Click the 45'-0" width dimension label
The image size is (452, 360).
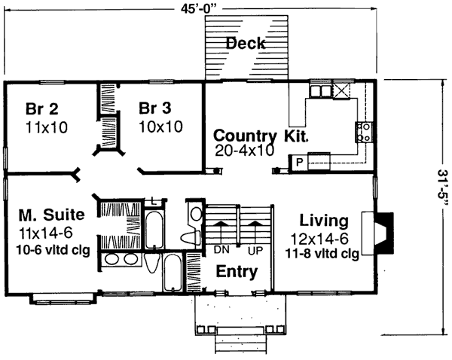tap(199, 9)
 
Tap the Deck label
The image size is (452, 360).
tap(246, 44)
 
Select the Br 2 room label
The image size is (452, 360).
tap(41, 108)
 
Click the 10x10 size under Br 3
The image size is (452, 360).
tap(161, 127)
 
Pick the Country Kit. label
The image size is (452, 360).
tap(261, 136)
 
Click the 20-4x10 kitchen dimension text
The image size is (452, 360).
tap(244, 150)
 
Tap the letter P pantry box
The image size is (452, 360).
tap(300, 163)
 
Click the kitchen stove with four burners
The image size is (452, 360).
tap(364, 132)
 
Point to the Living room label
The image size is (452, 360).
tap(324, 221)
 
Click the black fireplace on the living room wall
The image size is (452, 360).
tap(383, 233)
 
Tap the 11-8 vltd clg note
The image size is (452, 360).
tap(322, 254)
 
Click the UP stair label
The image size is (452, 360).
tap(255, 251)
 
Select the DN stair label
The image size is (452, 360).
tap(221, 250)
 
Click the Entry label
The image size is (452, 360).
tap(237, 272)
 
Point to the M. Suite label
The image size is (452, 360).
tap(52, 215)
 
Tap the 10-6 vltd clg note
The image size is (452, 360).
tap(53, 250)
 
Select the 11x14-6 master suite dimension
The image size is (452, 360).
tap(45, 233)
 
